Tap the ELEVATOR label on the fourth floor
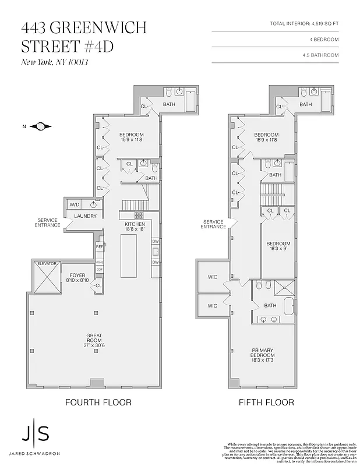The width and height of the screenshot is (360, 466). pyautogui.click(x=47, y=264)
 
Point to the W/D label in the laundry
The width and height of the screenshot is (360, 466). pyautogui.click(x=75, y=204)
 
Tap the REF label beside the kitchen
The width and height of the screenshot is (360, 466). pyautogui.click(x=100, y=247)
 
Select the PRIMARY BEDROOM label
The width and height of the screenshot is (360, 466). pyautogui.click(x=263, y=352)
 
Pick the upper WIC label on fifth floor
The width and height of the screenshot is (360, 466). pyautogui.click(x=213, y=277)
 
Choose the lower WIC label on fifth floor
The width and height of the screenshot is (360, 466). pyautogui.click(x=213, y=306)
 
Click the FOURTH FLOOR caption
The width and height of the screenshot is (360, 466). pyautogui.click(x=98, y=403)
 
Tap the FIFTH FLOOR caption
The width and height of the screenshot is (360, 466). pyautogui.click(x=266, y=403)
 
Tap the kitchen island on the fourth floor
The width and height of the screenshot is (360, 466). pyautogui.click(x=129, y=256)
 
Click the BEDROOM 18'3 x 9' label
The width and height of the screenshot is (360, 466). pyautogui.click(x=278, y=246)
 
